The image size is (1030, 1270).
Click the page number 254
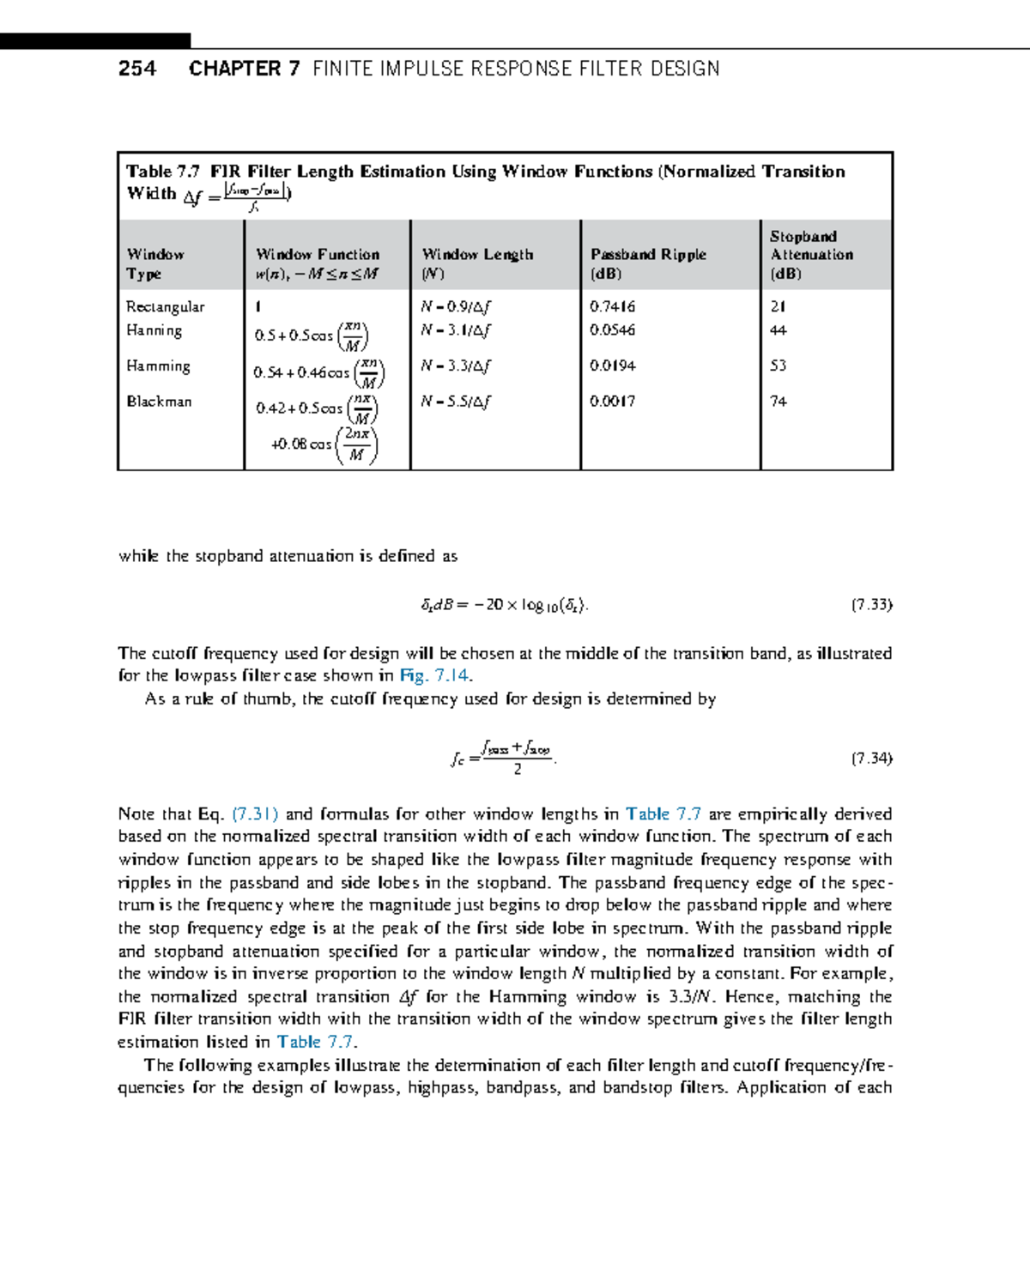[x=137, y=69]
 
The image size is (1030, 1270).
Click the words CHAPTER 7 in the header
[x=245, y=69]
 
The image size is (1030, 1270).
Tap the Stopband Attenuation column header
[x=811, y=254]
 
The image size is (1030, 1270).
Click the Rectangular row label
[x=165, y=307]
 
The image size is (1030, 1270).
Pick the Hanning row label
[x=154, y=330]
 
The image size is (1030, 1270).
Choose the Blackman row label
[x=159, y=402]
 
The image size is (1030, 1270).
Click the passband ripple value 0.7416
[x=612, y=306]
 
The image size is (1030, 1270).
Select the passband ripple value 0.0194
[x=612, y=366]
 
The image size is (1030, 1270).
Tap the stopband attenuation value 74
[x=778, y=402]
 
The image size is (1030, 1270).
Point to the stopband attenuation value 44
[x=778, y=330]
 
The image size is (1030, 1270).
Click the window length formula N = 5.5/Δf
[x=455, y=402]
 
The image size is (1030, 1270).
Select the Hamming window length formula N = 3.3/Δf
[x=455, y=366]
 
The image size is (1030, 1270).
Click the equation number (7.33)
[x=871, y=605]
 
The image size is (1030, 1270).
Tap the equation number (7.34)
[x=871, y=759]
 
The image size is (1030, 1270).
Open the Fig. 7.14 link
[x=434, y=676]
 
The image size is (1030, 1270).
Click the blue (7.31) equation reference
[x=255, y=814]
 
